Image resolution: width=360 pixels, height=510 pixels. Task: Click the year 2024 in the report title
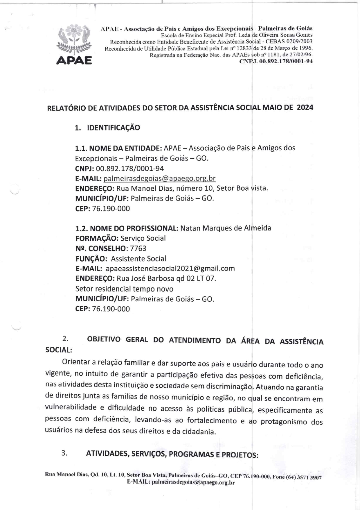tap(305, 108)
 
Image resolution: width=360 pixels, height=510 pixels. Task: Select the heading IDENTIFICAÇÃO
tap(113, 128)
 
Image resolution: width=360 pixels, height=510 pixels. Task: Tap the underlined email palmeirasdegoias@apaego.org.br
tap(159, 178)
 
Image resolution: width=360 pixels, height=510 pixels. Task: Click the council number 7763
tap(138, 248)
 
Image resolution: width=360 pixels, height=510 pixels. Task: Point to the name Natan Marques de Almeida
tap(226, 228)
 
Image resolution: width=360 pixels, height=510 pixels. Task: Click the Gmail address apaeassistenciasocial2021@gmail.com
tap(170, 269)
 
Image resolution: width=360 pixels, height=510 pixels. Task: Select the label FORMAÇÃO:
tap(97, 238)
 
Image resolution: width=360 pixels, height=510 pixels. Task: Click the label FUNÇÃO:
tap(92, 259)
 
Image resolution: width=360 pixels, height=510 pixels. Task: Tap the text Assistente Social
tap(139, 259)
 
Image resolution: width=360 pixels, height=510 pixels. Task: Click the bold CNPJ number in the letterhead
tap(276, 61)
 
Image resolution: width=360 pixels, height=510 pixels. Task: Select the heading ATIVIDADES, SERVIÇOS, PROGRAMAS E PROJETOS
tap(172, 454)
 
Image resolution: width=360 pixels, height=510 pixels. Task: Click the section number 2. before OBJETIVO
tap(65, 339)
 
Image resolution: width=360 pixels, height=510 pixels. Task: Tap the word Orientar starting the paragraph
tap(76, 362)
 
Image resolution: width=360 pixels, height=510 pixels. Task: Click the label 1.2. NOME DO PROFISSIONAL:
tap(127, 228)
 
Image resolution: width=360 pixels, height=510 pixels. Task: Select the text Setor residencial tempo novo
tap(124, 289)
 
